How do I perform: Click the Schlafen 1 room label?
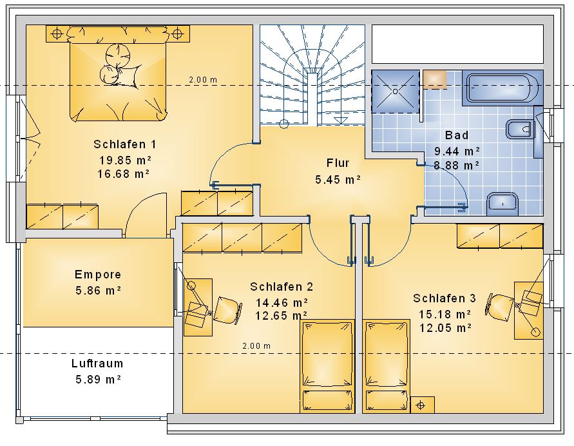pos(125,144)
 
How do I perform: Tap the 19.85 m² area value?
pos(125,160)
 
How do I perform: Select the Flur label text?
pos(338,163)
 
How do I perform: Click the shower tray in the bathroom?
pos(396,91)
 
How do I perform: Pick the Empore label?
pos(98,275)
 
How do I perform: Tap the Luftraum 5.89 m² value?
pos(98,379)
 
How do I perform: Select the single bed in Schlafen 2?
pos(327,366)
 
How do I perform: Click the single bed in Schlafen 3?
pos(386,366)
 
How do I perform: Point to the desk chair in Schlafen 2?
pos(227,310)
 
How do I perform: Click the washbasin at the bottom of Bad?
pos(503,204)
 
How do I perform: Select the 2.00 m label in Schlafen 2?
pos(256,345)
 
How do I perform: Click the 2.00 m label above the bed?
pos(203,79)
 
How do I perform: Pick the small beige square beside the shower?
pos(435,79)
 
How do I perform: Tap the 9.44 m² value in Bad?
pos(457,151)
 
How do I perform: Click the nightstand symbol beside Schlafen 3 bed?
pos(423,405)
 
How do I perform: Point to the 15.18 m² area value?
pos(445,314)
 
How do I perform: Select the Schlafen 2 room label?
pos(282,287)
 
